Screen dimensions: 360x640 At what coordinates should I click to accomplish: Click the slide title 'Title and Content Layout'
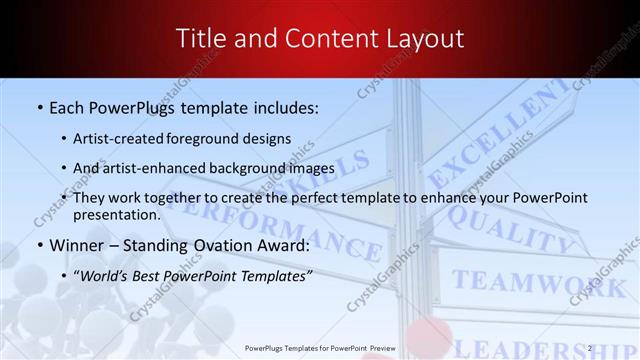pos(320,39)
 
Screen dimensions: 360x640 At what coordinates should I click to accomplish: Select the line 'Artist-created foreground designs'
pos(182,138)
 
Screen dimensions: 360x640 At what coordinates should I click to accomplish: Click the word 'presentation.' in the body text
pos(117,214)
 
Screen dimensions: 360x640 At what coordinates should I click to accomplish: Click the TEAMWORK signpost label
pos(530,285)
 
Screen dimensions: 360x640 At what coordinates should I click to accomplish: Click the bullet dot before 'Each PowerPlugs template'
pos(39,105)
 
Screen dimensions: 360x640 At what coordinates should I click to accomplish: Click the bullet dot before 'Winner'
pos(39,245)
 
